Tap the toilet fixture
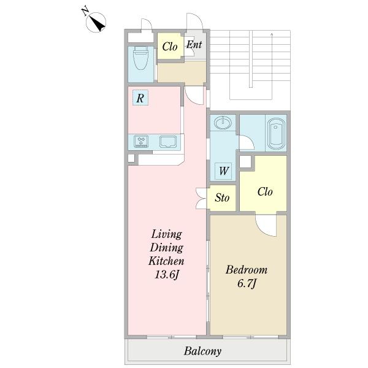[x=140, y=58]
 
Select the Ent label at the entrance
[x=194, y=44]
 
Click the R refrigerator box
[x=140, y=98]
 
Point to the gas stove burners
[x=141, y=141]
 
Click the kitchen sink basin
[x=168, y=142]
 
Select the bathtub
[x=276, y=134]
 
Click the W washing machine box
[x=223, y=171]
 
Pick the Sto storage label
[x=222, y=197]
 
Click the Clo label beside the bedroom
[x=265, y=192]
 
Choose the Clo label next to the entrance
[x=170, y=47]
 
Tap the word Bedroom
[x=247, y=270]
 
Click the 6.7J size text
[x=247, y=284]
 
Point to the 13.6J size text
[x=167, y=275]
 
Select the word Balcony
[x=202, y=351]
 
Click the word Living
[x=167, y=234]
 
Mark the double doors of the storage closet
[x=201, y=198]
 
